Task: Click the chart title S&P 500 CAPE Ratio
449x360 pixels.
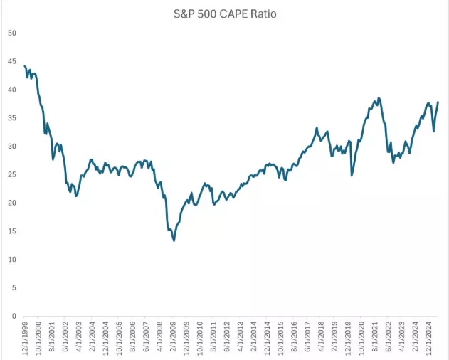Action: pyautogui.click(x=224, y=14)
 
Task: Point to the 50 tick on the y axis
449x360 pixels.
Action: pyautogui.click(x=11, y=33)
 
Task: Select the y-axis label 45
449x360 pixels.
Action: pyautogui.click(x=11, y=62)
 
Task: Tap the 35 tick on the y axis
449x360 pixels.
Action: pyautogui.click(x=11, y=118)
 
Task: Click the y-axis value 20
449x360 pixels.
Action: pyautogui.click(x=11, y=203)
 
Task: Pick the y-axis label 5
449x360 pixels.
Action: pyautogui.click(x=14, y=287)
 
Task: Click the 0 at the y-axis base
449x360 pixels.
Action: pyautogui.click(x=14, y=316)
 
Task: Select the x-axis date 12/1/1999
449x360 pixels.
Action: pyautogui.click(x=25, y=338)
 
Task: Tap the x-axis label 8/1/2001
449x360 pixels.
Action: pyautogui.click(x=52, y=338)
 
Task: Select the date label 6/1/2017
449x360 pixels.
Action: pyautogui.click(x=309, y=338)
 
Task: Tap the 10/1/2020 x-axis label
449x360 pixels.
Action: pyautogui.click(x=363, y=338)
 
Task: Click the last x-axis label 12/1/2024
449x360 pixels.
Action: pyautogui.click(x=430, y=338)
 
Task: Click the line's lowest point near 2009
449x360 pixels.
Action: pyautogui.click(x=174, y=240)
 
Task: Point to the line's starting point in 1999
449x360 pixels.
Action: pyautogui.click(x=25, y=66)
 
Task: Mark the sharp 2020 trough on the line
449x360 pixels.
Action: pyautogui.click(x=352, y=175)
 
